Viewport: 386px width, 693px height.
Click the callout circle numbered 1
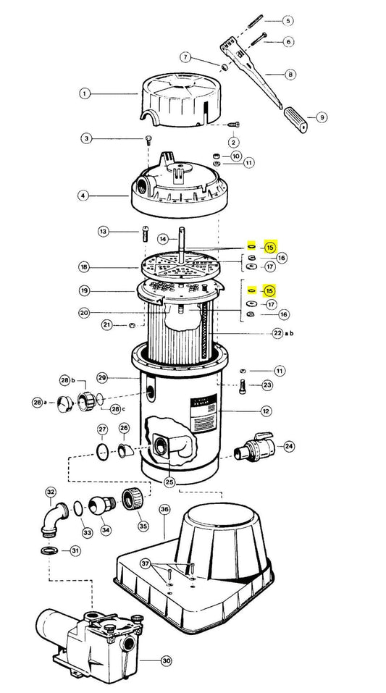coord(85,93)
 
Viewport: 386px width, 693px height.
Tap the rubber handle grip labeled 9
coord(295,119)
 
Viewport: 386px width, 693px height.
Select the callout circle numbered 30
coord(166,661)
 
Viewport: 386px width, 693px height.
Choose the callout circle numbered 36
coord(164,509)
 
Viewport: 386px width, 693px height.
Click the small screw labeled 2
coord(234,125)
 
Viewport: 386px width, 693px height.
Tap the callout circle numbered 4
coord(83,195)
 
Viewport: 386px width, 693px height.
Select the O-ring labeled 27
coord(103,451)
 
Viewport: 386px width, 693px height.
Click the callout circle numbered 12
coord(266,411)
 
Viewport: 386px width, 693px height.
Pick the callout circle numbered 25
coord(169,482)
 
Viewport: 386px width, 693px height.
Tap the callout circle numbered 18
coord(84,267)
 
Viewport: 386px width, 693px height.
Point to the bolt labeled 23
coord(242,387)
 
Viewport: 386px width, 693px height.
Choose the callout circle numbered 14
coord(163,239)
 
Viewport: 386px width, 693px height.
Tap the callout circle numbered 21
coord(106,325)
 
